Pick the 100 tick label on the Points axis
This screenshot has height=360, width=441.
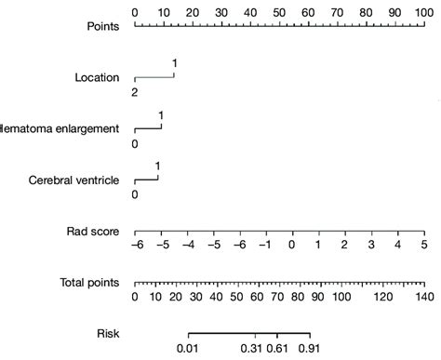click(x=423, y=13)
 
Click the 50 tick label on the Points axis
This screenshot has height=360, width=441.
click(x=279, y=13)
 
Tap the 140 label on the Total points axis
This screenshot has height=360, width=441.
click(x=423, y=297)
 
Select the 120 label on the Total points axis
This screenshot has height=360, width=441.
click(x=383, y=297)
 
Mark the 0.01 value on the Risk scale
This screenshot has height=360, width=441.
click(x=189, y=348)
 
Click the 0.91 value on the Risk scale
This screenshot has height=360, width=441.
click(x=310, y=348)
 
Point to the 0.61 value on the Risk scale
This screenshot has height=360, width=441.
click(x=277, y=348)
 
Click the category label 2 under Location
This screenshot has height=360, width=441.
click(x=135, y=93)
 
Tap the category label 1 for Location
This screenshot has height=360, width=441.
click(x=174, y=63)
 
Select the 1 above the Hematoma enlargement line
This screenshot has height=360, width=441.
click(x=161, y=115)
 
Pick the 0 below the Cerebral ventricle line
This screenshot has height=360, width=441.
click(x=135, y=195)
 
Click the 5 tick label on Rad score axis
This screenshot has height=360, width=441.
click(x=423, y=247)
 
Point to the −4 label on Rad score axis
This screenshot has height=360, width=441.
click(x=188, y=247)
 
